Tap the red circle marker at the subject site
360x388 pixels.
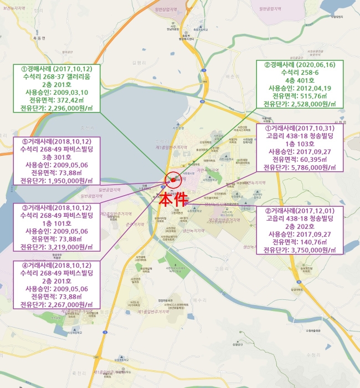coord(173,179)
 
